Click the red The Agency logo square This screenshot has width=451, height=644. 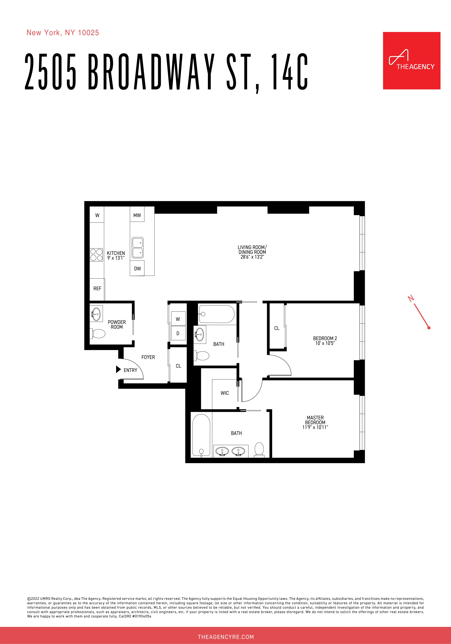[412, 61]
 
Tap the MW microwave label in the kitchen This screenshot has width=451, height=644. [137, 215]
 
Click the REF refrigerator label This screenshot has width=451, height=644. [97, 288]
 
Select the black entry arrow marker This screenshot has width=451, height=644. [118, 369]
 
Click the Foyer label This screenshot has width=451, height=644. [148, 357]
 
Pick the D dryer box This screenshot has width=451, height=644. [178, 333]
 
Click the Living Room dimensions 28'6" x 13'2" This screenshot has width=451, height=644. [252, 257]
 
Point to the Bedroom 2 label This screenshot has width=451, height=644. [325, 338]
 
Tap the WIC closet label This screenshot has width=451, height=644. [225, 393]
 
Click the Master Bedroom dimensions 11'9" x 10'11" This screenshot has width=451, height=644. [315, 427]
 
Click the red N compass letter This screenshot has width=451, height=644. [411, 298]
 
